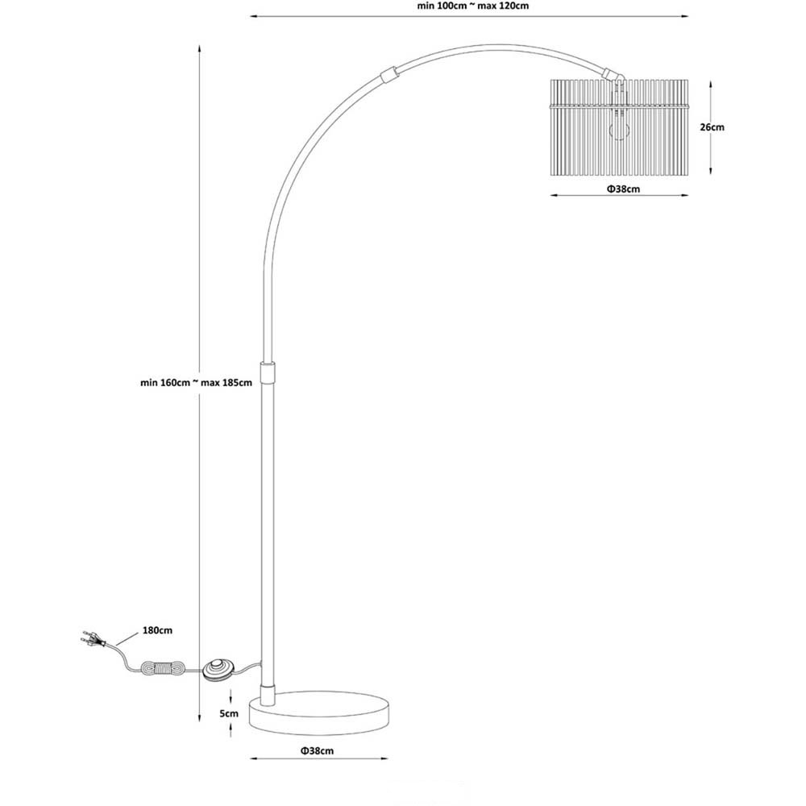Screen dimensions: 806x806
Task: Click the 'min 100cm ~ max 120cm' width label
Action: point(472,6)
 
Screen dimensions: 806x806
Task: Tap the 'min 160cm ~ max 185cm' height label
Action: point(197,382)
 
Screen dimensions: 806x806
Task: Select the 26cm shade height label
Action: point(712,127)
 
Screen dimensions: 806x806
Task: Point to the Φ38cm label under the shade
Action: point(623,189)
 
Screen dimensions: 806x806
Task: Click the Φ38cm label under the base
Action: point(317,750)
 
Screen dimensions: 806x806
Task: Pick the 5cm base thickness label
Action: point(229,713)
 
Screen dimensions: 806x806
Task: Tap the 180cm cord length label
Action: point(157,630)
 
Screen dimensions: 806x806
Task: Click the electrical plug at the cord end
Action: point(93,639)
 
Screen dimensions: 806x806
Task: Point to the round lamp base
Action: point(319,713)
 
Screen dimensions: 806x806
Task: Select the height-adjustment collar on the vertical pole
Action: point(268,372)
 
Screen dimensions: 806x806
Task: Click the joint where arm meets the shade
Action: point(613,75)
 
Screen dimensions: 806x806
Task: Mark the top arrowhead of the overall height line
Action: point(199,48)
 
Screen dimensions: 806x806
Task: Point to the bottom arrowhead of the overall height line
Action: point(199,717)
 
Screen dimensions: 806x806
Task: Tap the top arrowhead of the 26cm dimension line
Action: point(711,84)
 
